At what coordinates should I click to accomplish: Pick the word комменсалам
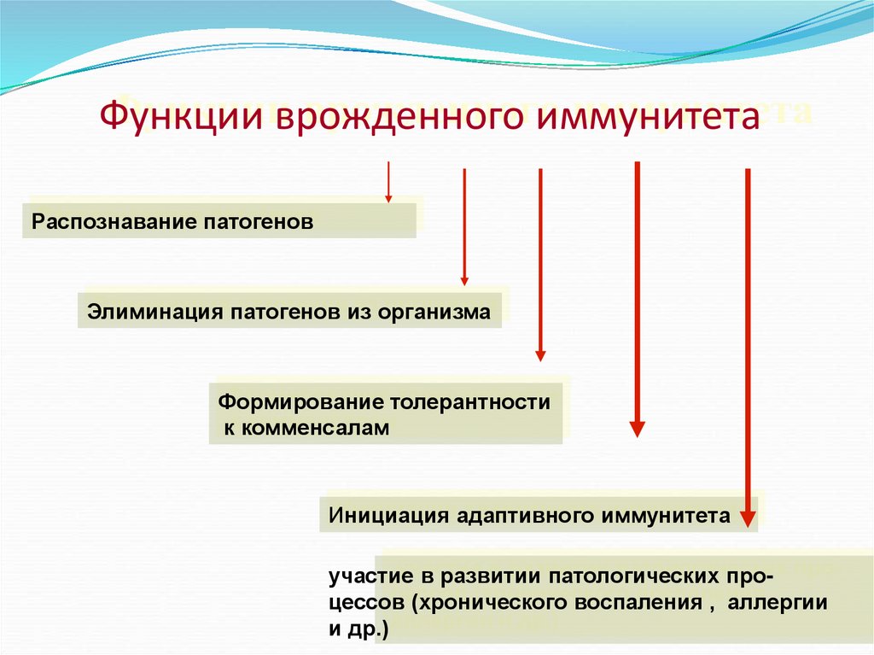(306, 427)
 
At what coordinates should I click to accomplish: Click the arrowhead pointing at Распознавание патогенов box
(388, 197)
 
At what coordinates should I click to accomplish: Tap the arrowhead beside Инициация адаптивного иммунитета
(748, 518)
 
